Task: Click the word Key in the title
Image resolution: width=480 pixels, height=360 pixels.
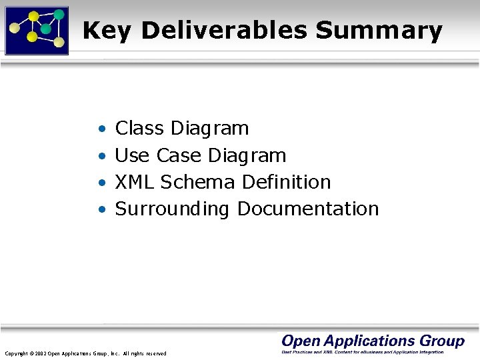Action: click(x=107, y=31)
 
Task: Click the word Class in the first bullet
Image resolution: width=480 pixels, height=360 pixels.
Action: click(x=140, y=128)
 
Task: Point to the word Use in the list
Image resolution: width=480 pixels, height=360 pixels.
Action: click(x=132, y=155)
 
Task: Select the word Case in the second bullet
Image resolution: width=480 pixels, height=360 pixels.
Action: click(x=179, y=155)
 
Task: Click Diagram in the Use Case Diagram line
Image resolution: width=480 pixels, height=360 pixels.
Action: click(x=247, y=156)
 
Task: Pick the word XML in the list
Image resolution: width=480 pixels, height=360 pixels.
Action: click(x=135, y=182)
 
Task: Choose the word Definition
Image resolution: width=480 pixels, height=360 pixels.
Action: click(x=287, y=182)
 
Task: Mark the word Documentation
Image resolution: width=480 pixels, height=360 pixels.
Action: click(x=308, y=209)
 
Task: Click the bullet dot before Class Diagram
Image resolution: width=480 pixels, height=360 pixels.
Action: click(x=101, y=129)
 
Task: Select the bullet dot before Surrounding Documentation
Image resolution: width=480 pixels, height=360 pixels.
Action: click(x=101, y=209)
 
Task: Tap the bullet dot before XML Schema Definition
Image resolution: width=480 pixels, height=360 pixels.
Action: click(x=101, y=183)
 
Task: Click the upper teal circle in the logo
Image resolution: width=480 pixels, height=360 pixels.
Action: click(x=59, y=14)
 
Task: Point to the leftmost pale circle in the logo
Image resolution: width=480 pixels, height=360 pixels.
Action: click(x=14, y=29)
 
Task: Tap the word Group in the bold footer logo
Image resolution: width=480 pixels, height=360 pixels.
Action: click(x=443, y=341)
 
